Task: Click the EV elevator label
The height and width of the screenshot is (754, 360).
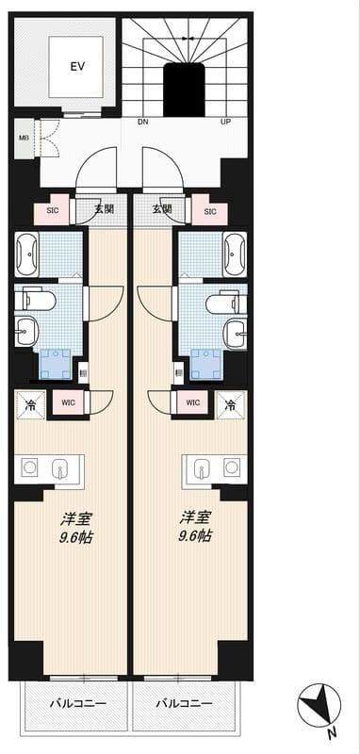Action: (76, 66)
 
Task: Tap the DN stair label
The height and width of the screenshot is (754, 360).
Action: (142, 123)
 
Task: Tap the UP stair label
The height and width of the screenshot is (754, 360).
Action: (226, 123)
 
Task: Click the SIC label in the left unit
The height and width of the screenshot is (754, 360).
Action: (53, 211)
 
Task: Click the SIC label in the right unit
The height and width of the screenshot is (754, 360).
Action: (210, 211)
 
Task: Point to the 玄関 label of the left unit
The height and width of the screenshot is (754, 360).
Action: (104, 209)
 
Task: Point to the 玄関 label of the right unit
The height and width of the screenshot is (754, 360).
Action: (162, 209)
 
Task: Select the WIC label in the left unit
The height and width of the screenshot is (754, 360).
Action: (67, 403)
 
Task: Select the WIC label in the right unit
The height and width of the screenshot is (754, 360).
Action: (192, 403)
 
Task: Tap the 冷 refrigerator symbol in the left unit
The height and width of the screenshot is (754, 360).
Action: (30, 406)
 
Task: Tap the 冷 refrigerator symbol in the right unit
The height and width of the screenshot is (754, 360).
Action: (229, 406)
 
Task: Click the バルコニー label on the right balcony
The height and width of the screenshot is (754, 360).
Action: (183, 703)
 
